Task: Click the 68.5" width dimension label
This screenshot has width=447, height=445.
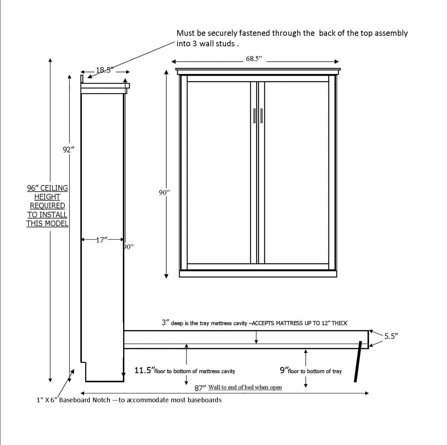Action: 254,59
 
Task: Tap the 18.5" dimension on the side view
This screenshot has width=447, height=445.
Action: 105,70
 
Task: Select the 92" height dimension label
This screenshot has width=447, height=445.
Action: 68,150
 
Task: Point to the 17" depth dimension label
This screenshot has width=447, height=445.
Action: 102,240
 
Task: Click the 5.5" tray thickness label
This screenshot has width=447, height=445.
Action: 391,336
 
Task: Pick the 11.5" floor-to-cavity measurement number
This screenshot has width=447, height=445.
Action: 144,370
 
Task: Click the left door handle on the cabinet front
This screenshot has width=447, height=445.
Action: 254,115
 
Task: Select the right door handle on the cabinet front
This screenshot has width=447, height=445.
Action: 261,115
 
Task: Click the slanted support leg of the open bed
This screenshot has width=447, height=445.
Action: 358,362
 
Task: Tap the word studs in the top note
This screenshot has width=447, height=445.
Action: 225,43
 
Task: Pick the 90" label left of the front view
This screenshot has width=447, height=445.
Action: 164,193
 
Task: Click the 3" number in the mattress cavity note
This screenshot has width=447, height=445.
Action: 165,323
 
